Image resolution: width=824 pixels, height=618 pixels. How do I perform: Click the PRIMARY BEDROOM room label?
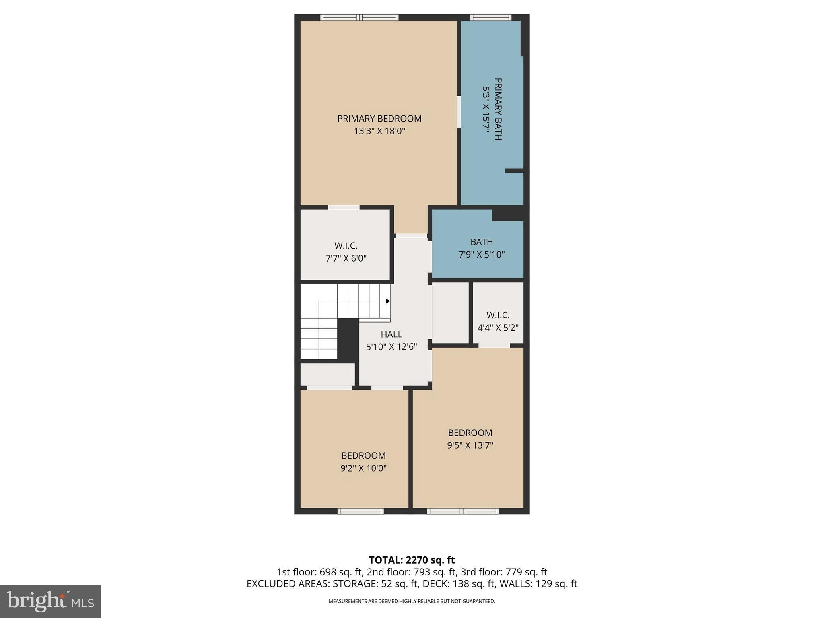click(x=379, y=119)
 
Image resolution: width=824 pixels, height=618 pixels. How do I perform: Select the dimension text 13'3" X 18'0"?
click(x=379, y=131)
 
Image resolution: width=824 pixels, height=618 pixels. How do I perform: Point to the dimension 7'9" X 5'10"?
click(x=482, y=255)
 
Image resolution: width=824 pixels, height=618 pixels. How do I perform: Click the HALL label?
click(x=391, y=334)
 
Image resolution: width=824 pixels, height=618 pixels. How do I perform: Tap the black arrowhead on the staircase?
click(x=388, y=301)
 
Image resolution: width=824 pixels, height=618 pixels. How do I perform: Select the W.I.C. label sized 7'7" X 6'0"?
click(x=346, y=246)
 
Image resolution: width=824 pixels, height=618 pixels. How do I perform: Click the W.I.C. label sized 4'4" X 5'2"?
click(x=498, y=315)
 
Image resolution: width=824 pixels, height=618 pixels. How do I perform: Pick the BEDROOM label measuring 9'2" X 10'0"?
click(x=363, y=456)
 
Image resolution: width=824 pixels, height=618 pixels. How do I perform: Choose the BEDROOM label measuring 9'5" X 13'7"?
click(x=470, y=433)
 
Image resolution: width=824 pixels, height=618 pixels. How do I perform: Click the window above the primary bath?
click(x=490, y=17)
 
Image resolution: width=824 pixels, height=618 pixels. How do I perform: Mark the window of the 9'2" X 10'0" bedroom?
click(x=360, y=511)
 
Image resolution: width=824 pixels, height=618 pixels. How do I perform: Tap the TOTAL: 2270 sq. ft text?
click(x=412, y=560)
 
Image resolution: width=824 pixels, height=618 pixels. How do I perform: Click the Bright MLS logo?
click(x=50, y=601)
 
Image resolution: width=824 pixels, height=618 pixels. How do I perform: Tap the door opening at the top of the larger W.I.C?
click(x=344, y=207)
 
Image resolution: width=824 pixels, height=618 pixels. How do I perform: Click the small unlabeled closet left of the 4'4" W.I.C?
click(x=450, y=313)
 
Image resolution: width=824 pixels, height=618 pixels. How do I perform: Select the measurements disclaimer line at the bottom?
click(x=412, y=602)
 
